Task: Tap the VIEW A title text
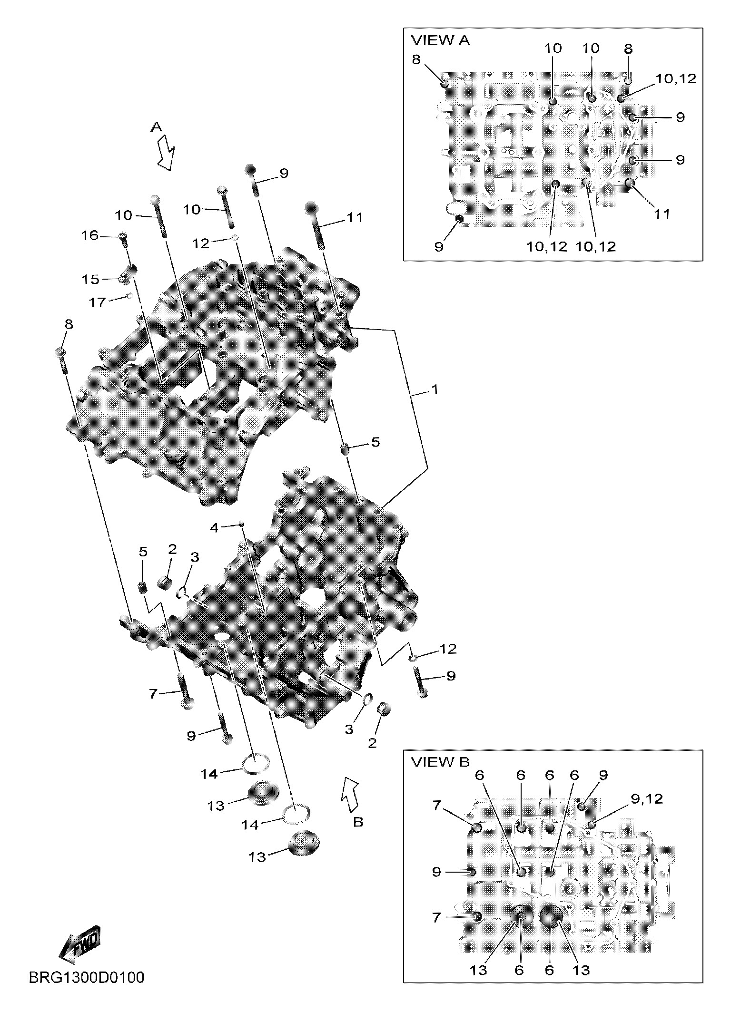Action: pyautogui.click(x=440, y=41)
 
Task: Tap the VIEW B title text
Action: pyautogui.click(x=440, y=762)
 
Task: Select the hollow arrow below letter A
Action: pyautogui.click(x=166, y=152)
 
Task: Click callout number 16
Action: pyautogui.click(x=89, y=235)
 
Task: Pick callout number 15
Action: pyautogui.click(x=90, y=279)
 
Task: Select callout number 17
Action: pyautogui.click(x=97, y=302)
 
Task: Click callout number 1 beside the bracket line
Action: pyautogui.click(x=434, y=389)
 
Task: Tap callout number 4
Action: pyautogui.click(x=214, y=527)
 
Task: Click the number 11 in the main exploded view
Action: pyautogui.click(x=355, y=218)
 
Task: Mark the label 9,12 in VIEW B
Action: pyautogui.click(x=647, y=799)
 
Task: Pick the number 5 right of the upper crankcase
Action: pyautogui.click(x=375, y=442)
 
